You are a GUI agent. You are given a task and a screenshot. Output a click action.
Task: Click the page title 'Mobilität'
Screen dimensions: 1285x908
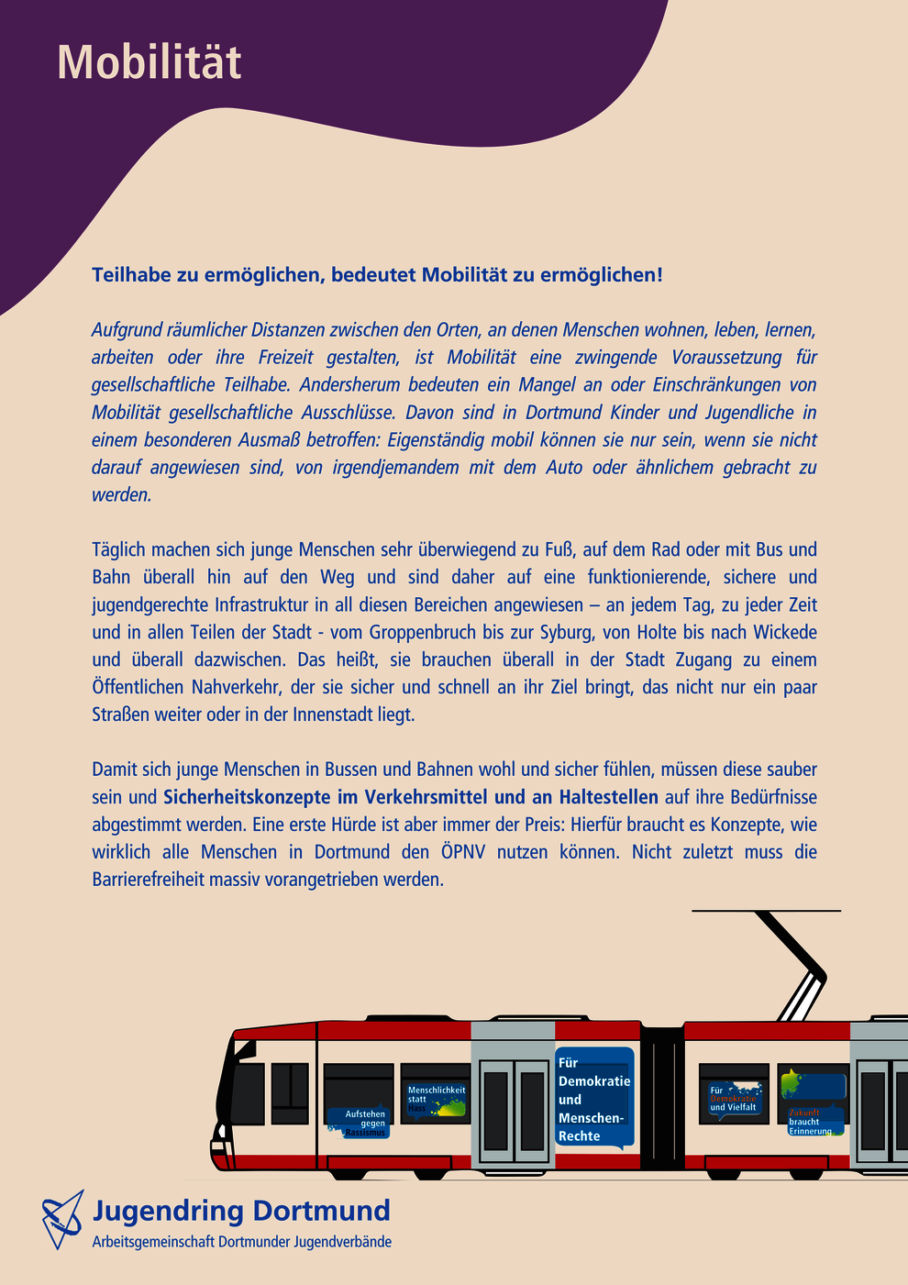pos(149,62)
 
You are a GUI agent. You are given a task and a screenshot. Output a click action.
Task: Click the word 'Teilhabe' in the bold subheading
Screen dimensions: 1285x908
pos(131,275)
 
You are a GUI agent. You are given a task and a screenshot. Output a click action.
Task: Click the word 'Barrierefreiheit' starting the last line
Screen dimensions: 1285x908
pos(149,880)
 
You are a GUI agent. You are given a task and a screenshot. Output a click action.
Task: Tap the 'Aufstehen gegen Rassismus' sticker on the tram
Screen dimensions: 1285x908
pos(360,1123)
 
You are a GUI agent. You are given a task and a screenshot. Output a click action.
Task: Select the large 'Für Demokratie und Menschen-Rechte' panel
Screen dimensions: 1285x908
pos(594,1099)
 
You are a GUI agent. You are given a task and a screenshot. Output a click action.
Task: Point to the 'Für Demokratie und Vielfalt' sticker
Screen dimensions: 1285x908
pos(734,1099)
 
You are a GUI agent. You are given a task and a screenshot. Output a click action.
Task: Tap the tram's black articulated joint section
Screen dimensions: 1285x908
pos(662,1097)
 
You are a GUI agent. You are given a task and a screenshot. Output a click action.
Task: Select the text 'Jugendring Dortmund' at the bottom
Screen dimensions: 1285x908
pos(241,1211)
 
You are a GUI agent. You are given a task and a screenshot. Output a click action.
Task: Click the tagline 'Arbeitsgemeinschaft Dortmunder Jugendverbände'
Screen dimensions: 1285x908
pos(242,1242)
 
